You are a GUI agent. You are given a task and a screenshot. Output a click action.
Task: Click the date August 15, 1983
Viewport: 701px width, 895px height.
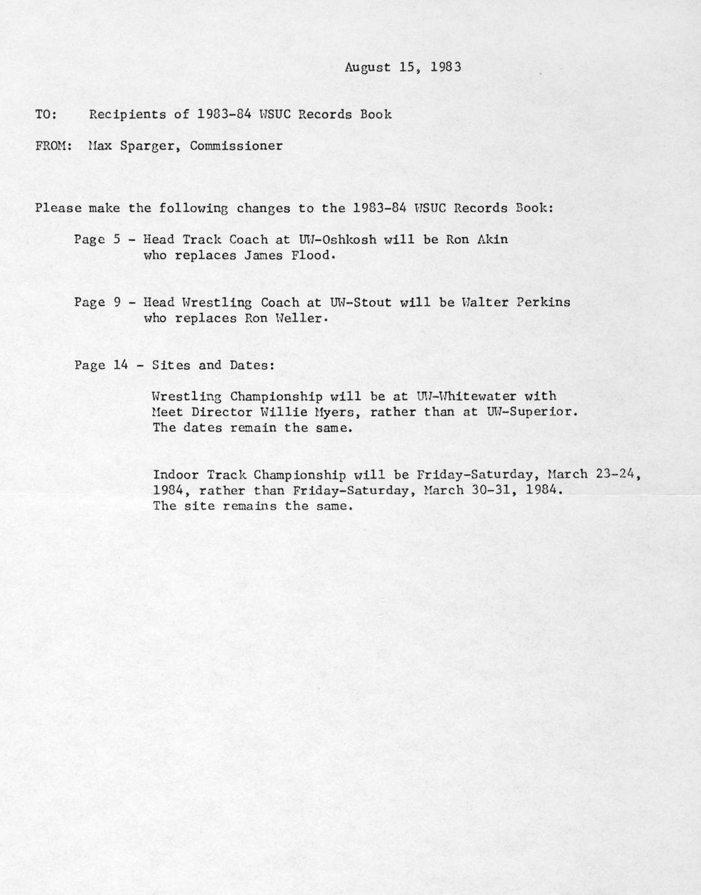403,67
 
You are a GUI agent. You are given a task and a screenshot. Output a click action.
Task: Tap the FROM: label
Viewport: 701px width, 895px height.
53,145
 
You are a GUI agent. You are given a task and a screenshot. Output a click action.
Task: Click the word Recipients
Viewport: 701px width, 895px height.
127,114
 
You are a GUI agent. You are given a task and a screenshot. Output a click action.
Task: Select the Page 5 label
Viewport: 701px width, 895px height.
97,239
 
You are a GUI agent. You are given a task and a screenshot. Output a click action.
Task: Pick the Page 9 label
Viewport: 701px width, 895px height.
97,302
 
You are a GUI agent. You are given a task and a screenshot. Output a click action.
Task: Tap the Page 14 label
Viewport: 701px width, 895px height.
101,365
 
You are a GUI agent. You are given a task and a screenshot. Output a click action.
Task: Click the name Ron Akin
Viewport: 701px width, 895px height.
477,239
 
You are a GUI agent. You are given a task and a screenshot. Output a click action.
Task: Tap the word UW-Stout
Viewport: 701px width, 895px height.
361,302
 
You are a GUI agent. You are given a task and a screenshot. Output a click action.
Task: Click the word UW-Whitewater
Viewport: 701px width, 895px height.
467,396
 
